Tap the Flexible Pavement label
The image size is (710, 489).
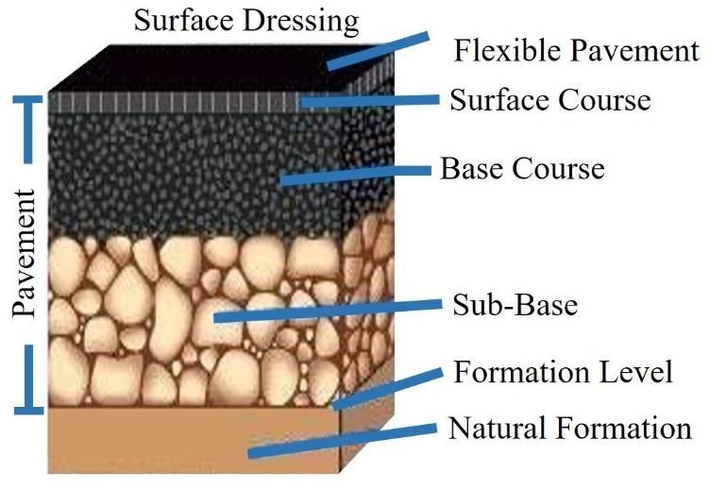point(576,50)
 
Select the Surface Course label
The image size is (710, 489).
point(549,99)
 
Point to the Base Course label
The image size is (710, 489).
point(521,169)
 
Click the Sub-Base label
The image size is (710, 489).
point(515,305)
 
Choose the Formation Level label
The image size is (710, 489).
point(563,372)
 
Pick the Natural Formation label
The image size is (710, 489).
point(569,429)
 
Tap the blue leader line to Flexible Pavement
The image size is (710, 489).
point(377,51)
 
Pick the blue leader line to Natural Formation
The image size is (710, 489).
point(340,439)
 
